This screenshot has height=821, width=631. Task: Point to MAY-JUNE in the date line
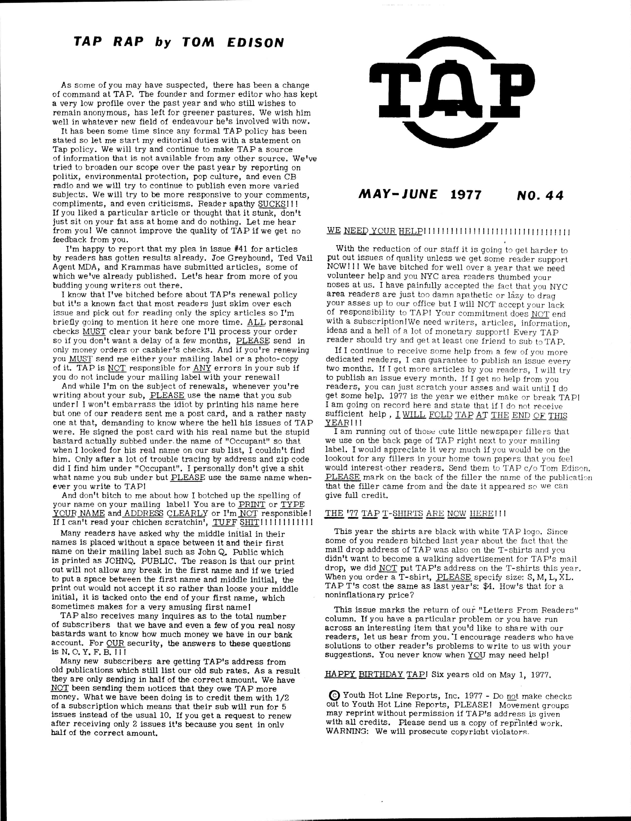pyautogui.click(x=398, y=195)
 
